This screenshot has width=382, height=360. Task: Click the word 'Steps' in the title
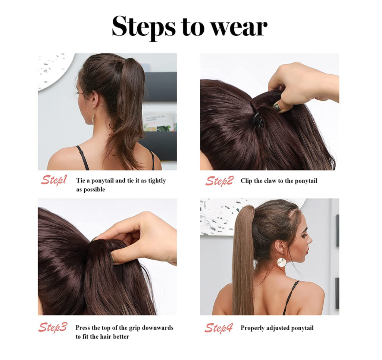144,27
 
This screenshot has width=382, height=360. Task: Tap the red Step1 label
54,180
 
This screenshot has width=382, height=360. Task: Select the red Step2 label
219,181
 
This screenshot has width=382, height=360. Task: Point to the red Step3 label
53,328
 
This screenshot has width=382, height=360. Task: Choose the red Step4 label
219,328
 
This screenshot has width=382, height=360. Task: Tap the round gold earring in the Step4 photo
282,262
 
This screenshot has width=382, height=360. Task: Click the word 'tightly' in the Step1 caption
157,181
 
